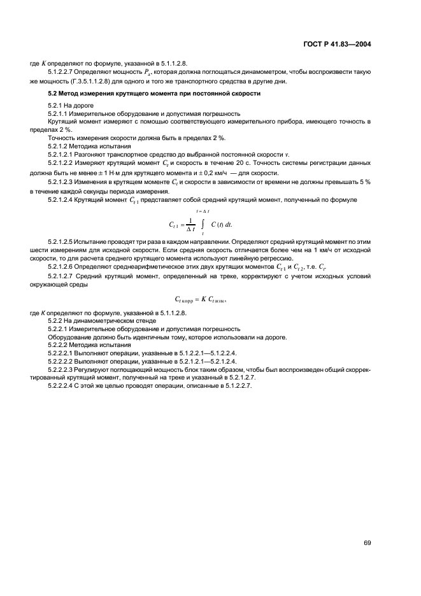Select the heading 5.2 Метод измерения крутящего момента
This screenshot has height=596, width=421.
(153, 94)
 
